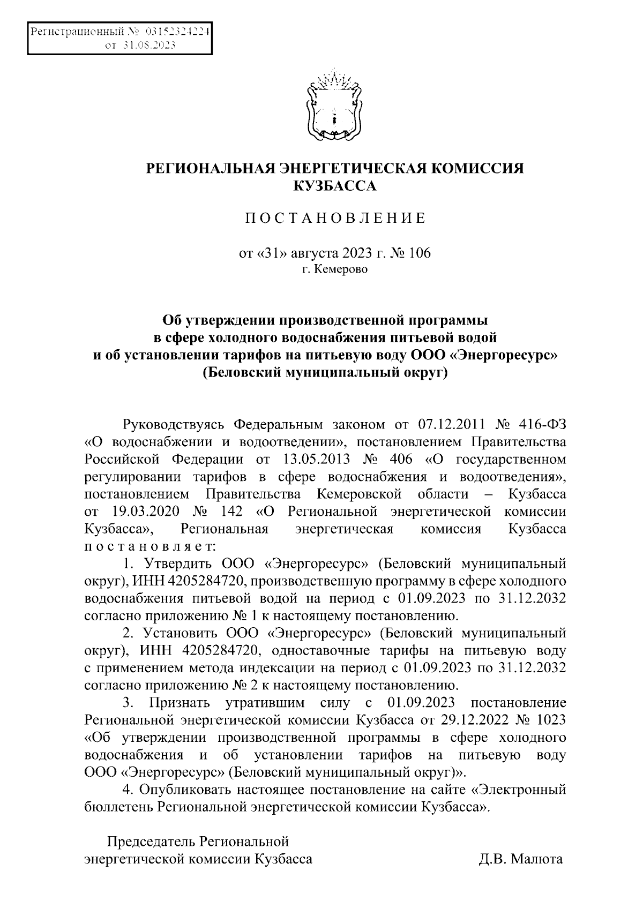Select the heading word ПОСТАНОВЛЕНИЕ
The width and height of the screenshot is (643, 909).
[335, 218]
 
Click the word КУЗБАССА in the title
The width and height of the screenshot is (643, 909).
[335, 186]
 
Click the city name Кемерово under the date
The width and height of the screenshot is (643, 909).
[341, 269]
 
